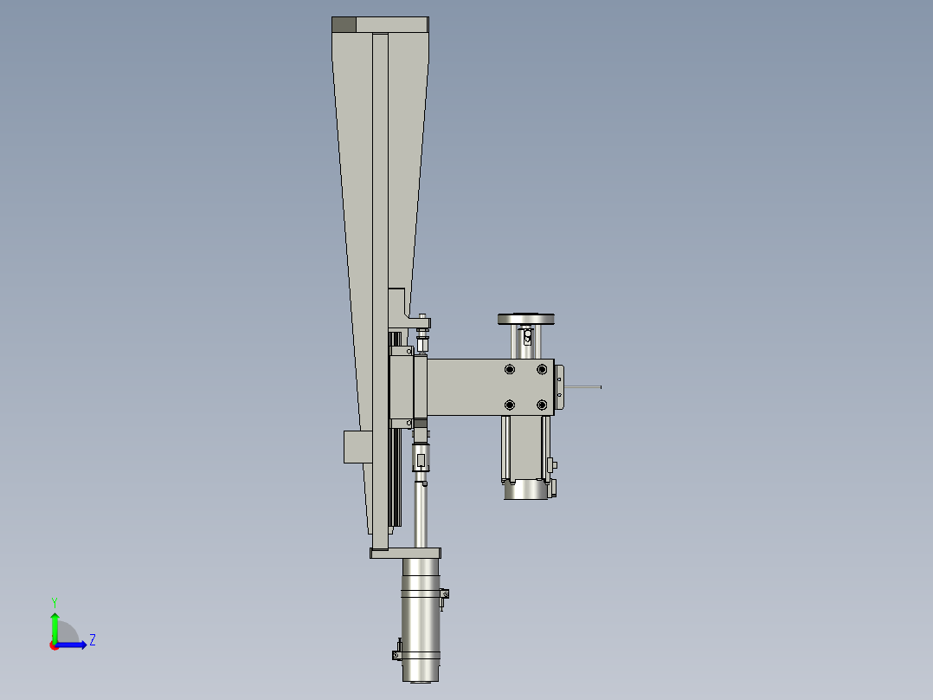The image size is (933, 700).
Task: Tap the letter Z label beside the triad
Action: [92, 640]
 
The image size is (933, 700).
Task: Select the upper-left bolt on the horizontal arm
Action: [509, 370]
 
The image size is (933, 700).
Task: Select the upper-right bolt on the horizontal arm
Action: [542, 370]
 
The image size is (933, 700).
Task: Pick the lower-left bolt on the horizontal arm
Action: [509, 405]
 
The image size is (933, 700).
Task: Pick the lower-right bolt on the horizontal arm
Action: [542, 405]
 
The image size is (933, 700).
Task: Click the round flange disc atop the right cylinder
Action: [525, 318]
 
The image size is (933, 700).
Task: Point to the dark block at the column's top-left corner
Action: [344, 25]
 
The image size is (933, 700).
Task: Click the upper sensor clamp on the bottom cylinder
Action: [446, 595]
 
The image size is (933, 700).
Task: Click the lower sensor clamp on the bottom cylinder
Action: [399, 650]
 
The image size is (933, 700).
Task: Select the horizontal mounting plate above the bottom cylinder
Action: [406, 553]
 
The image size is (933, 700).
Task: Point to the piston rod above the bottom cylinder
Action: [421, 515]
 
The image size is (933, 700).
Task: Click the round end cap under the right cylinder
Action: [525, 490]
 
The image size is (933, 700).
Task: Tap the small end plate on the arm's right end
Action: [559, 387]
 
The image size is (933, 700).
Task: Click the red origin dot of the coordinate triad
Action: [55, 645]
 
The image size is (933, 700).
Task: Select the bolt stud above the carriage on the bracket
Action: [422, 322]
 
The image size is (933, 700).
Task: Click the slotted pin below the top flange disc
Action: [525, 335]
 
